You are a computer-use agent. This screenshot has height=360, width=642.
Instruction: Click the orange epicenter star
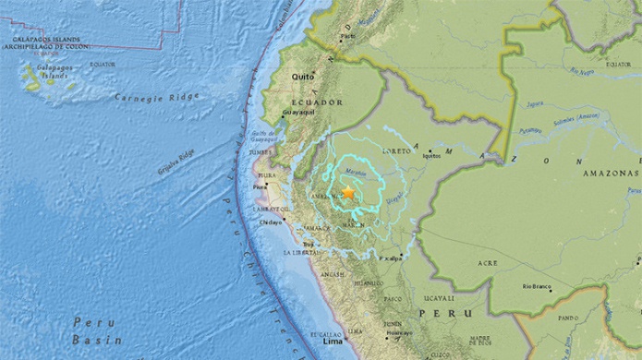coord(348,191)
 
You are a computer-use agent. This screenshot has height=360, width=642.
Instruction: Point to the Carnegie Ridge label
coord(151,98)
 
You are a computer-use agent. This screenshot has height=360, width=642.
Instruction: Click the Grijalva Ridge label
coord(175,160)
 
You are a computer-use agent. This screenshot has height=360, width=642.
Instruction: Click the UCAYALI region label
coord(439,298)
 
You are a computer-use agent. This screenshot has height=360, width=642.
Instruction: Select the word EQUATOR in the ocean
coord(102,64)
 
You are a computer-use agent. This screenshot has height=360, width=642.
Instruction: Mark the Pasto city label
coord(347,38)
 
